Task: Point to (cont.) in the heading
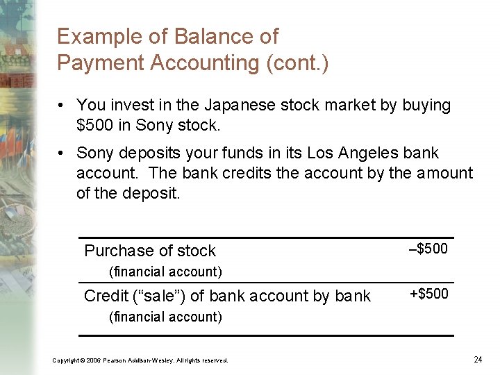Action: click(x=297, y=62)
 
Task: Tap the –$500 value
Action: click(x=428, y=249)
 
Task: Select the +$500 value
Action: click(x=428, y=294)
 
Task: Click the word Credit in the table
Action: click(x=106, y=296)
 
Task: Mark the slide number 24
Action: click(x=478, y=359)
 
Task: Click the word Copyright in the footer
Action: click(x=66, y=360)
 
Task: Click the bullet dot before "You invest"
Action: click(x=62, y=106)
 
